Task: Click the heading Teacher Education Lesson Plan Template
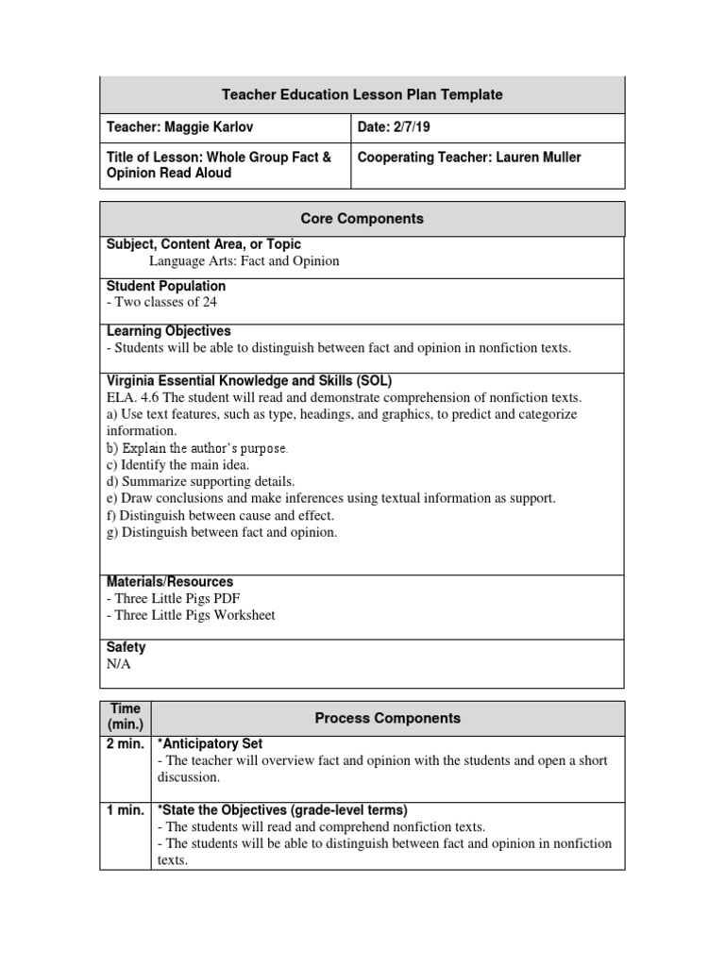362,94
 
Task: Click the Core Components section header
362,219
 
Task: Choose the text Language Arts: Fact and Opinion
244,260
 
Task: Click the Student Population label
166,286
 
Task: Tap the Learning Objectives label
168,331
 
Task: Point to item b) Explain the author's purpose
196,448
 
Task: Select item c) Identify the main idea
177,465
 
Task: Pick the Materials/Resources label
170,582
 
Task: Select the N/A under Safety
119,663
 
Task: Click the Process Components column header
387,718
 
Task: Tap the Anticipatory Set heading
213,743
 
